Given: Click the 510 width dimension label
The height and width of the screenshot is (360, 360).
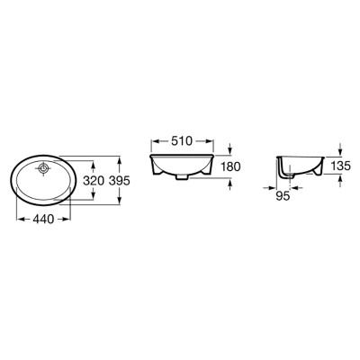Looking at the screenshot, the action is [181, 140].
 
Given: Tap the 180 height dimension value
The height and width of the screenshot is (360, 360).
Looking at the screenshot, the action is [230, 166].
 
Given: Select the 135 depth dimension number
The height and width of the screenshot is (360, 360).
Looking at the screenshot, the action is [340, 166].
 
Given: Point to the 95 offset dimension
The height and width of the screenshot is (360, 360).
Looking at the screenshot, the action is [283, 196].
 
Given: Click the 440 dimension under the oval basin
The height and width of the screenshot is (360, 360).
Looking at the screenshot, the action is [43, 220].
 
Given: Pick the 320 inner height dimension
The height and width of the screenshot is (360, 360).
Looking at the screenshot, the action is [94, 181].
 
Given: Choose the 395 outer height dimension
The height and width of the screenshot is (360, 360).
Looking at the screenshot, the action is [119, 181].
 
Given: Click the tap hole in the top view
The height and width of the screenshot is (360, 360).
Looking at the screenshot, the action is [44, 168].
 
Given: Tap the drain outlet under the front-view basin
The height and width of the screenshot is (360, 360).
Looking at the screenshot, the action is [182, 177].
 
